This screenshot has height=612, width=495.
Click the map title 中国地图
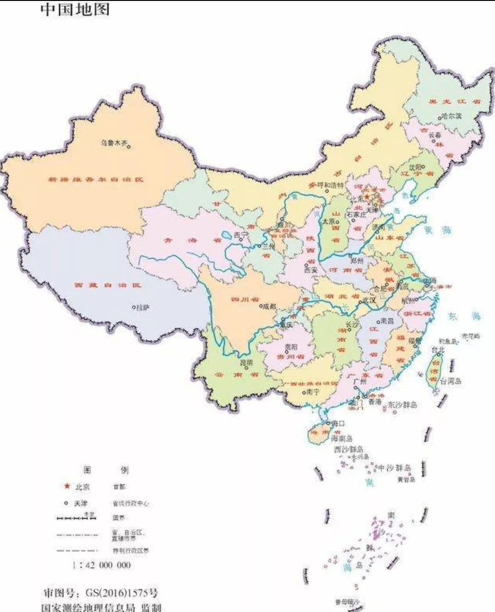75,9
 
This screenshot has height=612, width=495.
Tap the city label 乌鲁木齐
114,143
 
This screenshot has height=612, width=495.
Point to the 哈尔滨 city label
452,116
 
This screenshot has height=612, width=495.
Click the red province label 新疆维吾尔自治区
96,179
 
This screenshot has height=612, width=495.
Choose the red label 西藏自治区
107,285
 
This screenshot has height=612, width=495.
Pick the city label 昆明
246,363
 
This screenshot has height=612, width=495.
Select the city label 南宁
312,392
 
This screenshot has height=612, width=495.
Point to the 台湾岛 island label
450,381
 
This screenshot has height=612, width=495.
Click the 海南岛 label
342,438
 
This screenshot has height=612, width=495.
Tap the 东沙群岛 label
402,405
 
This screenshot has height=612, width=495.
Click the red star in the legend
67,486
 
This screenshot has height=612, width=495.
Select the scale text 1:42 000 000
101,565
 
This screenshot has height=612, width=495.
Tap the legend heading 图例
106,470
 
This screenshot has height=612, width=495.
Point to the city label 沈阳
415,167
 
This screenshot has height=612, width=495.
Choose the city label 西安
311,270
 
